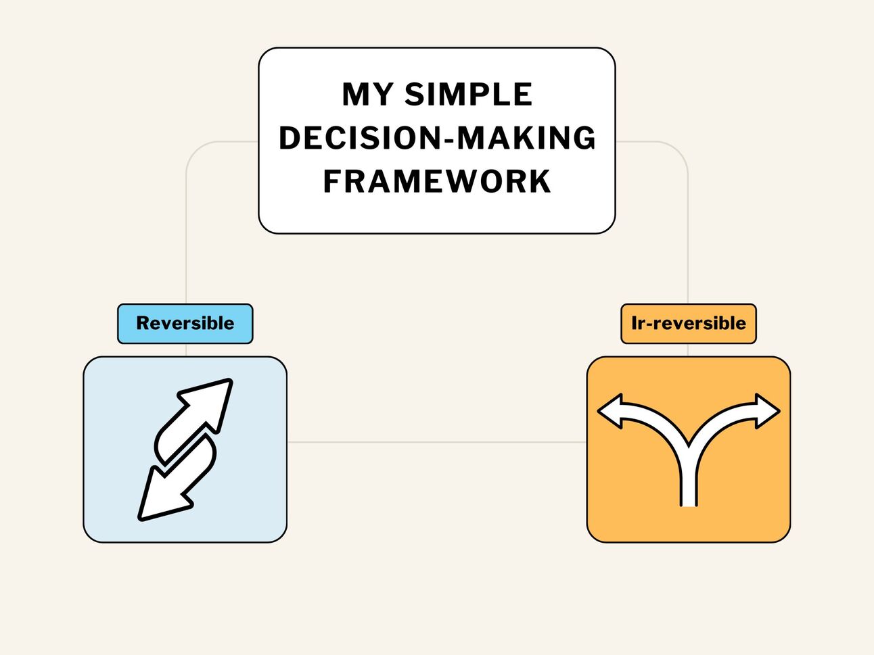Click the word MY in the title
tap(367, 95)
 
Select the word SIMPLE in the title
tap(468, 95)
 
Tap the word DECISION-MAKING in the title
tap(437, 138)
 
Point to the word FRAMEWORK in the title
tap(437, 181)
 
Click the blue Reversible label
tap(185, 324)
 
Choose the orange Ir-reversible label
tap(688, 324)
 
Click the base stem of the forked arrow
tap(688, 487)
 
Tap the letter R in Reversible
tap(143, 323)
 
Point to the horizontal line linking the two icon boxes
tap(436, 443)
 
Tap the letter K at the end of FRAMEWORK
tap(540, 181)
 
